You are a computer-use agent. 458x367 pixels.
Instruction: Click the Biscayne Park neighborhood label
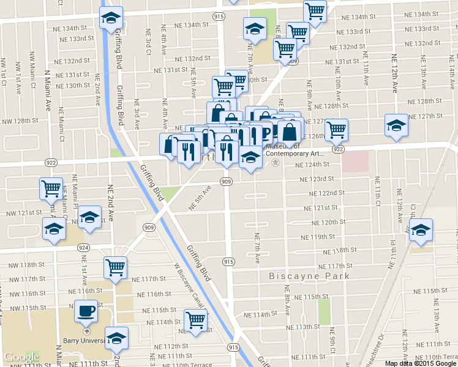coord(309,276)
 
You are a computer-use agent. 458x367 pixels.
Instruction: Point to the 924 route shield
coord(83,248)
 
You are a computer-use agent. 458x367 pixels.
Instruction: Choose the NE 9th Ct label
coord(331,343)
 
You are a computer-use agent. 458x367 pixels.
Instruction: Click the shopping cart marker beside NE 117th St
coord(114,267)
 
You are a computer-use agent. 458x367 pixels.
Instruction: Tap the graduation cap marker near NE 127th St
coord(396,125)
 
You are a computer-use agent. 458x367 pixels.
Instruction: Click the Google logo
coord(22,357)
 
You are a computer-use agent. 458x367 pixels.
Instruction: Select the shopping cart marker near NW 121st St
coord(51,188)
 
